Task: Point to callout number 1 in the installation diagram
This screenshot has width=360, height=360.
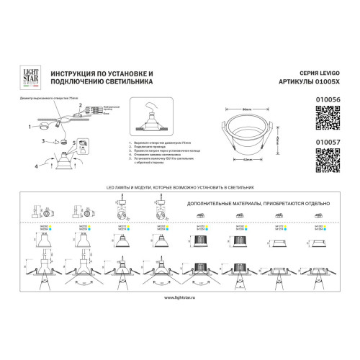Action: tap(30, 127)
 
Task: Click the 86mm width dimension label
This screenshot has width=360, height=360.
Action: tap(246, 108)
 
